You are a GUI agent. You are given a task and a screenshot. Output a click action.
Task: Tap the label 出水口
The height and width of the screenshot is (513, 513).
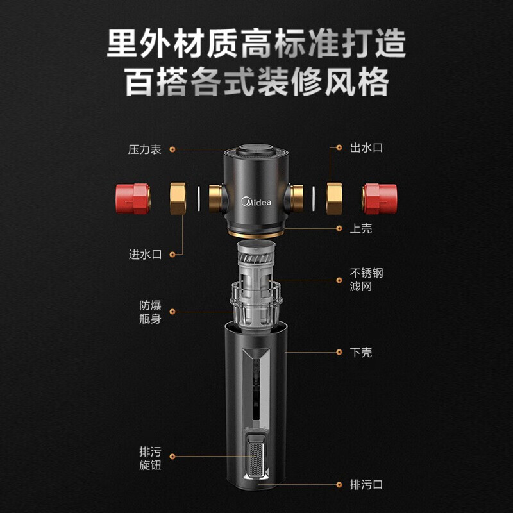pos(366,148)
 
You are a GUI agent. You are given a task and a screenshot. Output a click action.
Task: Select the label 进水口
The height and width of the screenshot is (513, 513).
pos(146,255)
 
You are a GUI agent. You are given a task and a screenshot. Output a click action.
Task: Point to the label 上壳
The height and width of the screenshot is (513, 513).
pos(361,229)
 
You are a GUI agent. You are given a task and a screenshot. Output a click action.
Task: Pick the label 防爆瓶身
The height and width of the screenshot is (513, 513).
pos(151,311)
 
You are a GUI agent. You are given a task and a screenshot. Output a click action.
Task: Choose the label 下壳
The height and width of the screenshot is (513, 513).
pos(361,352)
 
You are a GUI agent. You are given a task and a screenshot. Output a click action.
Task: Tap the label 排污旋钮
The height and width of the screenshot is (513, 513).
pos(151,458)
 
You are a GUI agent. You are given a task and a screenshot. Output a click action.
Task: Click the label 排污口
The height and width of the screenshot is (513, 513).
pos(366,485)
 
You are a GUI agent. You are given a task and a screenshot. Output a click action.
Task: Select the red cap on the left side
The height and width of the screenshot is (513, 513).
pos(132,198)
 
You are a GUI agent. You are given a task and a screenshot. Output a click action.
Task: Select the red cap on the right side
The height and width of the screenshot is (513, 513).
pos(380,198)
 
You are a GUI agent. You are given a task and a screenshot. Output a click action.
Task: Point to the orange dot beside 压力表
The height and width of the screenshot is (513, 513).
pos(172,149)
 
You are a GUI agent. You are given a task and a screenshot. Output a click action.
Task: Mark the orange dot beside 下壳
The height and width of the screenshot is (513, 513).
pos(339,352)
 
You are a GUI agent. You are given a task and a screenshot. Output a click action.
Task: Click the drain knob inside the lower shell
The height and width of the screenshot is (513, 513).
pos(256,457)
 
